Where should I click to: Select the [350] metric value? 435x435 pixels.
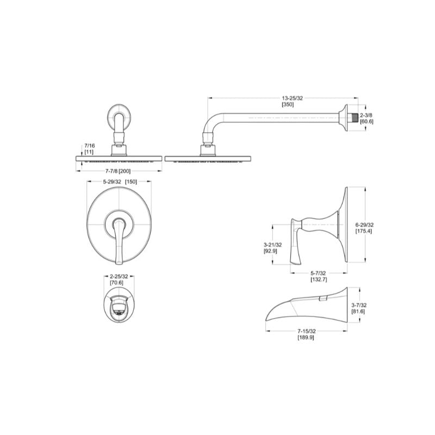[x=288, y=104]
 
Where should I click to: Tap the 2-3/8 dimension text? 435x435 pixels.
[x=366, y=115]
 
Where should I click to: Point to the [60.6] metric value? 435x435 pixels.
[x=366, y=121]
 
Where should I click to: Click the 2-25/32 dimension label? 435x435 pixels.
[x=117, y=277]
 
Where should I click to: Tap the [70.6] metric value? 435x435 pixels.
[x=117, y=283]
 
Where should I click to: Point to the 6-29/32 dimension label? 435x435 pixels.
[x=364, y=225]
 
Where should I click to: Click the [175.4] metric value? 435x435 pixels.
[x=364, y=231]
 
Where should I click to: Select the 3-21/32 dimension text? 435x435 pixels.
[x=272, y=245]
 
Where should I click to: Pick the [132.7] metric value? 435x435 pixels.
[x=319, y=279]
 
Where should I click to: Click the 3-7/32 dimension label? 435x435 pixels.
[x=372, y=306]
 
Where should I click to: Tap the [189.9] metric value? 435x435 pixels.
[x=306, y=338]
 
